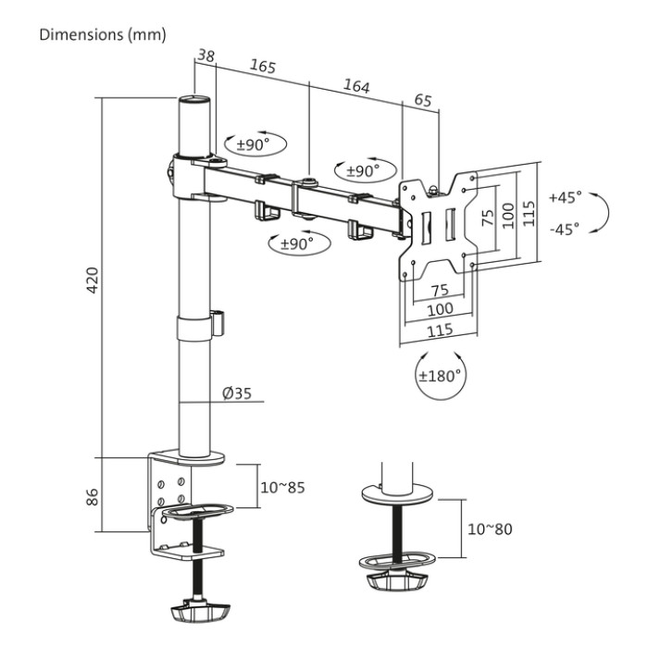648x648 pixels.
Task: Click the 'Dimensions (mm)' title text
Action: [x=102, y=35]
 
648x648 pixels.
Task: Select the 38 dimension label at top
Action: [x=206, y=56]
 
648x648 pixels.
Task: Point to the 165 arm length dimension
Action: [x=264, y=68]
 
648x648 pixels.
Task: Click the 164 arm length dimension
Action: [x=355, y=86]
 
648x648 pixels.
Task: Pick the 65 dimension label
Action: [x=421, y=101]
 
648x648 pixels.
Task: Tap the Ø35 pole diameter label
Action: [x=237, y=393]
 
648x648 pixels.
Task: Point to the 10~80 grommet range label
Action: [x=490, y=530]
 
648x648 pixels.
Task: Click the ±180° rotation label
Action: [x=441, y=377]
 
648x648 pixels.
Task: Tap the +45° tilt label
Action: [x=565, y=197]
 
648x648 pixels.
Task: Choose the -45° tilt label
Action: [x=565, y=228]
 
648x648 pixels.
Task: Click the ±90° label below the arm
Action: [x=292, y=244]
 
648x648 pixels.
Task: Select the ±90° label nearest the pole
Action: [x=252, y=144]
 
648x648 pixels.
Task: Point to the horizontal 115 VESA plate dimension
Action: [x=439, y=330]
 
